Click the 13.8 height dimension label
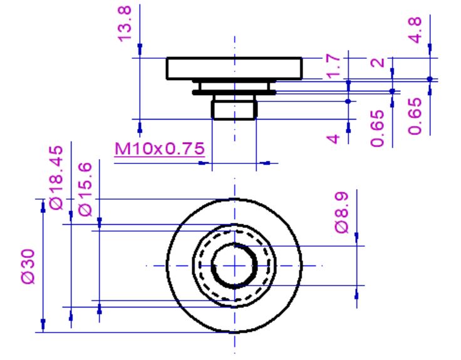pos(125,24)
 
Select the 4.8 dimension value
pos(415,30)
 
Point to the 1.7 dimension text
pos(333,66)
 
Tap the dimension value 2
pos(378,63)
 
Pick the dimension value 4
pos(333,139)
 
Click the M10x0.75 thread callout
pos(159,149)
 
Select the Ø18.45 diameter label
pos(56,178)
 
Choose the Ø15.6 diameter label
pos(85,190)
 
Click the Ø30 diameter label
pos(28,267)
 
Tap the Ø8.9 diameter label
pos(341,212)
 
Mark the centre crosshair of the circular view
pos(235,266)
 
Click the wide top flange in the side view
pos(234,68)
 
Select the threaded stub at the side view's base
pos(234,110)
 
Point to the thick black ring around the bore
pos(234,266)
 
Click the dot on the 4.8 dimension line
pos(430,79)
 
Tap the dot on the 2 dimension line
pos(392,91)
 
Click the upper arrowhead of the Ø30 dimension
pos(43,207)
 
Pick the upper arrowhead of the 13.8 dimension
pos(140,49)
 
